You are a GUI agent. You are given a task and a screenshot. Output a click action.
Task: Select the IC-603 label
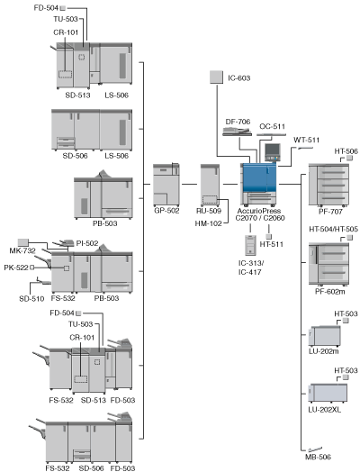tap(239, 78)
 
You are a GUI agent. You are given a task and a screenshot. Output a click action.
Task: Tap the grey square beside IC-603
tap(216, 77)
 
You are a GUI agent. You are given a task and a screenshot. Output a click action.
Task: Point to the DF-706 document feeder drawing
tap(238, 132)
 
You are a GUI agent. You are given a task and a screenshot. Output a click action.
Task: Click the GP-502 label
tap(166, 211)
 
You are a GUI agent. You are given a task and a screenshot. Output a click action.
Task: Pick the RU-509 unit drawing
tap(210, 185)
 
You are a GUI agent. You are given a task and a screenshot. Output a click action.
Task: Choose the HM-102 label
tap(208, 223)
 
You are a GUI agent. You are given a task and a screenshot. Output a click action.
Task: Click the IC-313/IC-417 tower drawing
tap(250, 245)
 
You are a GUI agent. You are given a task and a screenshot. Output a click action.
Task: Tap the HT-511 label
tap(272, 244)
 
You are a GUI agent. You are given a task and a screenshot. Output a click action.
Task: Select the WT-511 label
tap(307, 140)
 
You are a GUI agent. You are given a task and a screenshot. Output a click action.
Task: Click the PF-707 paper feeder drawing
tap(328, 185)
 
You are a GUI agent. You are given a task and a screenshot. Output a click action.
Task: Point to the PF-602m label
tap(330, 291)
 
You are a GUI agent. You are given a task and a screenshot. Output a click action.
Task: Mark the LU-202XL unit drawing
tap(328, 393)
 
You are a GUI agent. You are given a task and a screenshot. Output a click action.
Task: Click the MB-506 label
tap(318, 457)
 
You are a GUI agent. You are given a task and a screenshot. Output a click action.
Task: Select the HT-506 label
tap(346, 151)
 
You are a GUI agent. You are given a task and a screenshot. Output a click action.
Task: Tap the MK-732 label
tap(22, 250)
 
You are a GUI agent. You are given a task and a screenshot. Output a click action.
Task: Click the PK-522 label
tap(16, 268)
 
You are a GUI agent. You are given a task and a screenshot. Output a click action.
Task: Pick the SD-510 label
tap(31, 299)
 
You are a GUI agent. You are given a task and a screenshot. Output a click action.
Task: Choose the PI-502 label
tap(87, 243)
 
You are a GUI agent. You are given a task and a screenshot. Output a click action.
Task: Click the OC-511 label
tap(272, 126)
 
